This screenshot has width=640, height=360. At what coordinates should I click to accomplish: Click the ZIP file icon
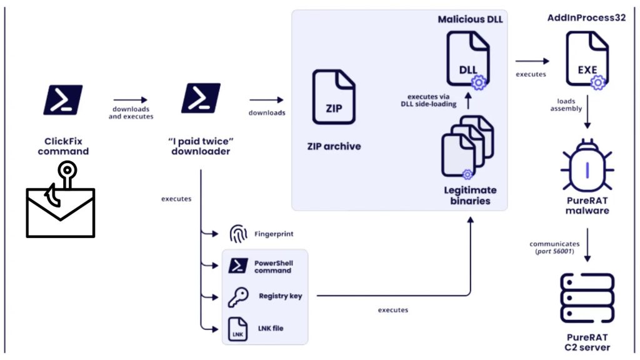click(334, 99)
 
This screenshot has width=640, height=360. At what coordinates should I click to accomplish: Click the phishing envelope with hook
click(61, 206)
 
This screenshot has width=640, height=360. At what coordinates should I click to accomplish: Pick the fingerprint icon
click(238, 235)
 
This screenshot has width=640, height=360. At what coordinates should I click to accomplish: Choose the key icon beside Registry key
click(238, 297)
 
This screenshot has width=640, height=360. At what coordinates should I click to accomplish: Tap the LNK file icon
click(238, 328)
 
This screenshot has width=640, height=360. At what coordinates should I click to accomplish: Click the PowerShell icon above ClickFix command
click(62, 99)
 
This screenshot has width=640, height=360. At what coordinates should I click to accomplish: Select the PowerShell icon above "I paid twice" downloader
click(201, 99)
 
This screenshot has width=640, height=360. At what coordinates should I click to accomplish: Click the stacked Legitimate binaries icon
click(467, 146)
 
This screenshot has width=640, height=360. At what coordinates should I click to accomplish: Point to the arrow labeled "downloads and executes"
click(131, 100)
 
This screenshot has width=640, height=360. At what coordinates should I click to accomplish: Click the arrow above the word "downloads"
click(266, 99)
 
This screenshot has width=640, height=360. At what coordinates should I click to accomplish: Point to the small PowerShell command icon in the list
click(237, 266)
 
